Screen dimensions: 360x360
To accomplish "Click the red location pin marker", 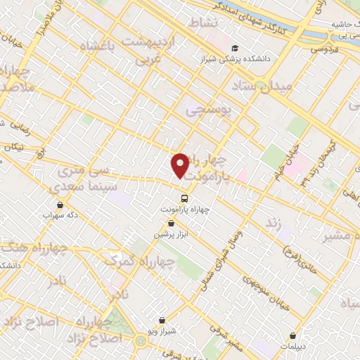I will [x=181, y=166].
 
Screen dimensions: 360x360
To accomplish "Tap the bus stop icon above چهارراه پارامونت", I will [x=184, y=198].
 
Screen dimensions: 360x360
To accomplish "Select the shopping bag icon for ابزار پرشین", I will [x=172, y=223].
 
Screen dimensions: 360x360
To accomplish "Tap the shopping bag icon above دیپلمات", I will [x=292, y=335].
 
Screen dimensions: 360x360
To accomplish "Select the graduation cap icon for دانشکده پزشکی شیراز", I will [x=234, y=48].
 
